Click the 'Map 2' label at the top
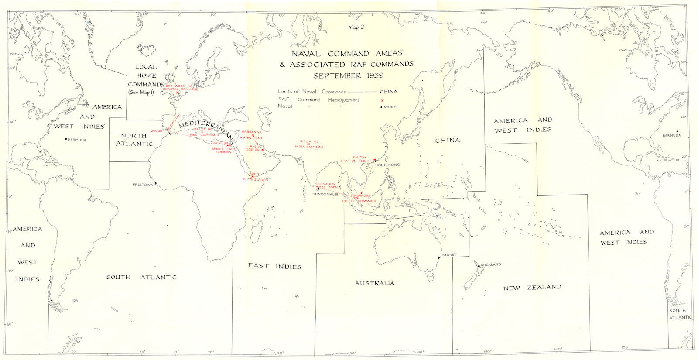pos(356,27)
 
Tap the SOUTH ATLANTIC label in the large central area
pos(142,277)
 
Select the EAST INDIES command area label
pos(274,266)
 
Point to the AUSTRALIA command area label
pos(374,283)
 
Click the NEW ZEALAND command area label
pos(532,288)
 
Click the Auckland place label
pos(491,264)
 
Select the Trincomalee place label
pos(325,194)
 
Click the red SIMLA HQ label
pos(309,141)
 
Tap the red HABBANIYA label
pos(251,132)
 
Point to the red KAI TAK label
pos(360,157)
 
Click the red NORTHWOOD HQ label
pos(180,86)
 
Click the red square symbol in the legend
pos(382,100)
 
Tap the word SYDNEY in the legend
pos(391,107)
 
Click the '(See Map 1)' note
pos(141,93)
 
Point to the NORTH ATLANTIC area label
pos(134,140)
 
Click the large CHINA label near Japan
pos(448,141)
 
